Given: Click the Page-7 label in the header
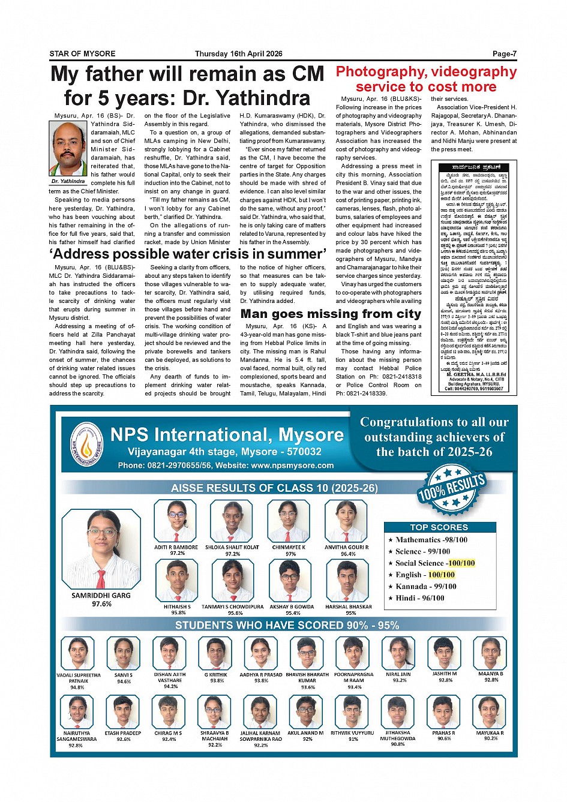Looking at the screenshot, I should click(504, 54).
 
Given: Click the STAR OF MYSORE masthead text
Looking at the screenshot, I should click(82, 54).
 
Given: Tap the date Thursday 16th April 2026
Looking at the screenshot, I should click(238, 54).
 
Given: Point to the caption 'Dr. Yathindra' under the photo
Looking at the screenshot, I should click(68, 181).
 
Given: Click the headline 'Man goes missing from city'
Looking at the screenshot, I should click(331, 314).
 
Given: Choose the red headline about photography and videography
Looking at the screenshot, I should click(426, 79).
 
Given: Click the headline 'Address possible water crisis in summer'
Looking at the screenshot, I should click(188, 253).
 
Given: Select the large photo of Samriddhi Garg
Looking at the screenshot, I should click(101, 551).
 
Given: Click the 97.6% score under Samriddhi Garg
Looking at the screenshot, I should click(101, 604).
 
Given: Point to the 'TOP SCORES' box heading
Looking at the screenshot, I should click(439, 527).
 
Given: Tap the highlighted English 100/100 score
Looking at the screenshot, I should click(441, 575).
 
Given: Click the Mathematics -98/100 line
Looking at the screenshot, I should click(431, 540).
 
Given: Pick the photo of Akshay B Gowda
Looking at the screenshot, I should click(290, 580).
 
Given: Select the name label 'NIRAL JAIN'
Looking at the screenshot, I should click(398, 674).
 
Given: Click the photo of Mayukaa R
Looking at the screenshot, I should click(490, 712).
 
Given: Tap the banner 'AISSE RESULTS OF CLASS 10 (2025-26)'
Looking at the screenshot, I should click(274, 488).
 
